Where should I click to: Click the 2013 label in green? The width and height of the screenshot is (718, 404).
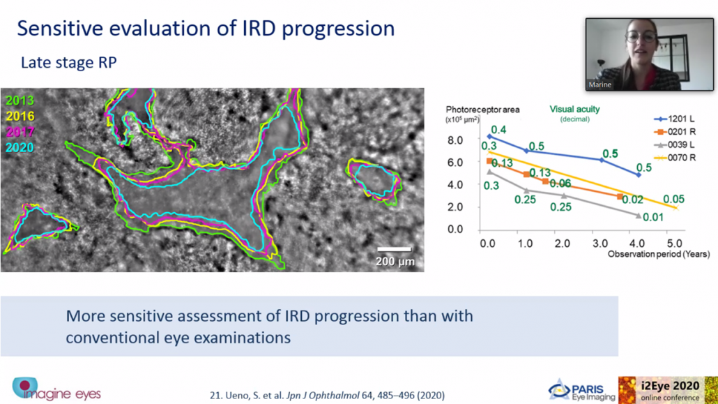point(20,101)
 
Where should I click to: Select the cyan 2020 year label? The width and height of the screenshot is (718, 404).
point(20,148)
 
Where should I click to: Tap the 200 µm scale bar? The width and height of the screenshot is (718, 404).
point(394,250)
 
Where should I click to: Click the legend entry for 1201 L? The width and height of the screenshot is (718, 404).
point(674,119)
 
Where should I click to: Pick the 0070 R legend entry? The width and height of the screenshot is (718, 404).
point(675,158)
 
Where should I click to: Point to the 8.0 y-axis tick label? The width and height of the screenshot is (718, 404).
point(455,140)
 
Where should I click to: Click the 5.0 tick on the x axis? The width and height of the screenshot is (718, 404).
point(674,244)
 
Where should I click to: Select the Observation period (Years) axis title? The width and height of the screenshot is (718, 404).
point(659,254)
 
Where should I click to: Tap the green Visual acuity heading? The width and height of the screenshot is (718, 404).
point(574,109)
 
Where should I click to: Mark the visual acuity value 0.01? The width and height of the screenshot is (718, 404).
point(653,218)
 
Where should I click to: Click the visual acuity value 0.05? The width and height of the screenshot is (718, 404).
point(673,200)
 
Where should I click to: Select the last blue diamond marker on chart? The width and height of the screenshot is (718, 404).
point(639,174)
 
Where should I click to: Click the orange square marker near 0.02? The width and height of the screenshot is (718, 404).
point(620,197)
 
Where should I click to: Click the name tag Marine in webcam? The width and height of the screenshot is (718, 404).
point(600,85)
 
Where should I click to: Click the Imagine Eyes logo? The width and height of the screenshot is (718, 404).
point(56,389)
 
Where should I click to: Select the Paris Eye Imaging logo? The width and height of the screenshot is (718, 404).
point(581,390)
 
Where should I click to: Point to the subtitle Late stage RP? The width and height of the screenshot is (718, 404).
point(69,62)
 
